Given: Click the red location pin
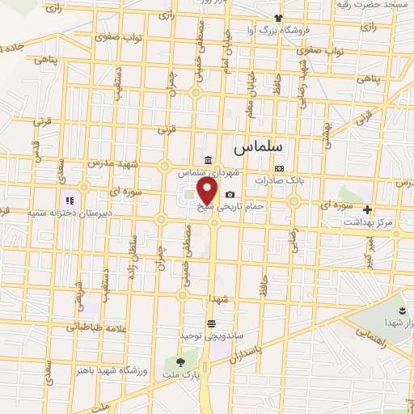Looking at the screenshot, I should (208, 190).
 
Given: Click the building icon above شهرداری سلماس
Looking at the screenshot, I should (209, 161).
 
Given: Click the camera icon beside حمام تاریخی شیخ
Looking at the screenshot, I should (230, 195).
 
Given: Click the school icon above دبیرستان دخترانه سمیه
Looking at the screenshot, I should (70, 200).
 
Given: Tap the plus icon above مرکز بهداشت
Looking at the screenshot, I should (368, 209).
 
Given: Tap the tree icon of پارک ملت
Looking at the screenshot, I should (180, 361).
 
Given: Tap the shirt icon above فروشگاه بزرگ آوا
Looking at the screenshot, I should (278, 18).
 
